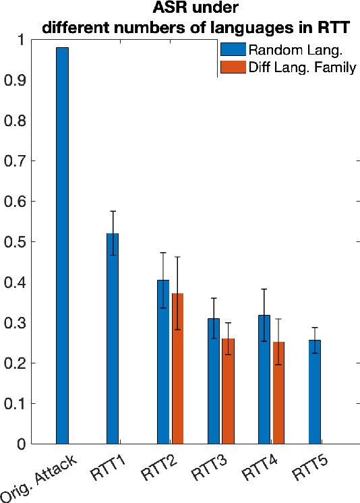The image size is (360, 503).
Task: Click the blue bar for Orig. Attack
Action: pyautogui.click(x=62, y=246)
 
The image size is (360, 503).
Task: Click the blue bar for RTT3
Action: pyautogui.click(x=214, y=381)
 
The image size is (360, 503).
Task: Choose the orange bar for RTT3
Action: pyautogui.click(x=228, y=391)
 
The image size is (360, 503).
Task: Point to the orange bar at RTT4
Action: pyautogui.click(x=278, y=393)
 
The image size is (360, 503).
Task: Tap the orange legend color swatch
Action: pyautogui.click(x=233, y=67)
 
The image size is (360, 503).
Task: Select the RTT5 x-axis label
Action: pyautogui.click(x=306, y=470)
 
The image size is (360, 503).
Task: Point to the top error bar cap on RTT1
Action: pyautogui.click(x=113, y=211)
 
